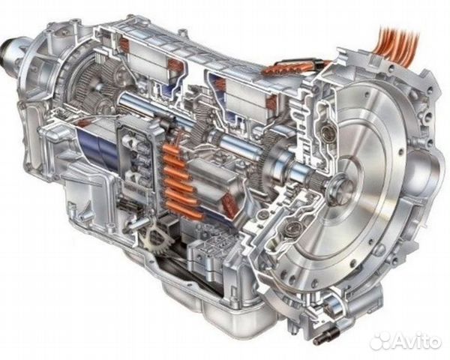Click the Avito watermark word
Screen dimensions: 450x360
click(x=418, y=342)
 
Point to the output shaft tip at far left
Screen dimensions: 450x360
click(x=8, y=49)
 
